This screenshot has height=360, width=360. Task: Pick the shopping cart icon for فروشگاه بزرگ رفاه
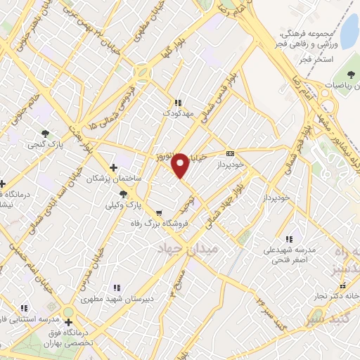160,212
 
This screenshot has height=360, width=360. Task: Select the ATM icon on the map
230,153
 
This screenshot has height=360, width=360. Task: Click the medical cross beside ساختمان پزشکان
114,168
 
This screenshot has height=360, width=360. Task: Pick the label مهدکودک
177,112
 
